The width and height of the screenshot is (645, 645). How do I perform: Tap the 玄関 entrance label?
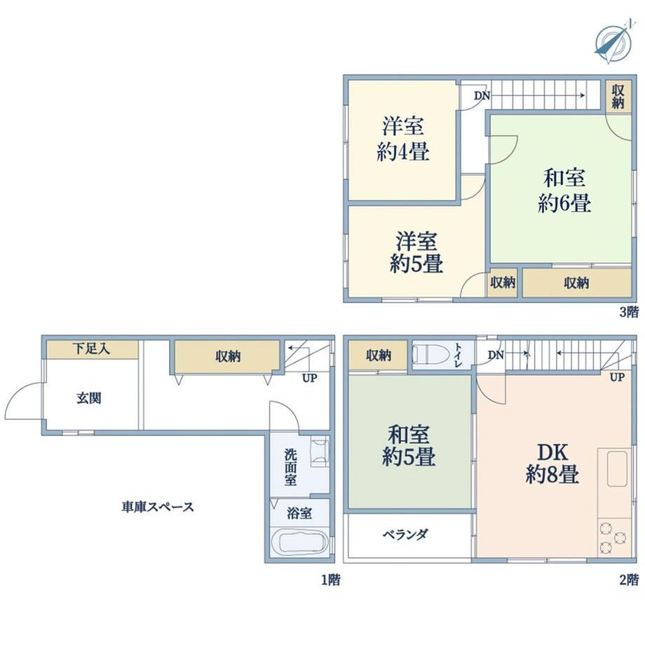89,398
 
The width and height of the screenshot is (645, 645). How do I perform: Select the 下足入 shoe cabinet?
92,349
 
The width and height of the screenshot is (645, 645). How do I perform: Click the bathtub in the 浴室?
300,542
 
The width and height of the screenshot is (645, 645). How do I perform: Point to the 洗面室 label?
290,468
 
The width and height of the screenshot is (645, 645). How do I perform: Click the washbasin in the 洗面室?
320,452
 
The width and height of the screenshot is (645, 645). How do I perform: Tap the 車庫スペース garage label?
158,507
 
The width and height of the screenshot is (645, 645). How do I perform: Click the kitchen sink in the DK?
617,469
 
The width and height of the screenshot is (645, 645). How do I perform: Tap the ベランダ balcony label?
406,535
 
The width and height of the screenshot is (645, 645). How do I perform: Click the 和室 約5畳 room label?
409,445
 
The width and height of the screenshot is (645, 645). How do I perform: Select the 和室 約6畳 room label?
564,191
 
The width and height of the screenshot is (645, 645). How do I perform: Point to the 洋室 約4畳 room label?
403,139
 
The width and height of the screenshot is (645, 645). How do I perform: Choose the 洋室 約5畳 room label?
416,252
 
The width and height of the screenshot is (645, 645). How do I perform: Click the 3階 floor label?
630,312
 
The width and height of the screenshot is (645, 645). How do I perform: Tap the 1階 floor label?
331,580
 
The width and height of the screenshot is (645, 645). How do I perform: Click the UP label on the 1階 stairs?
309,378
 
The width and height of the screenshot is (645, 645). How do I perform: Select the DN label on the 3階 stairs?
482,95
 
